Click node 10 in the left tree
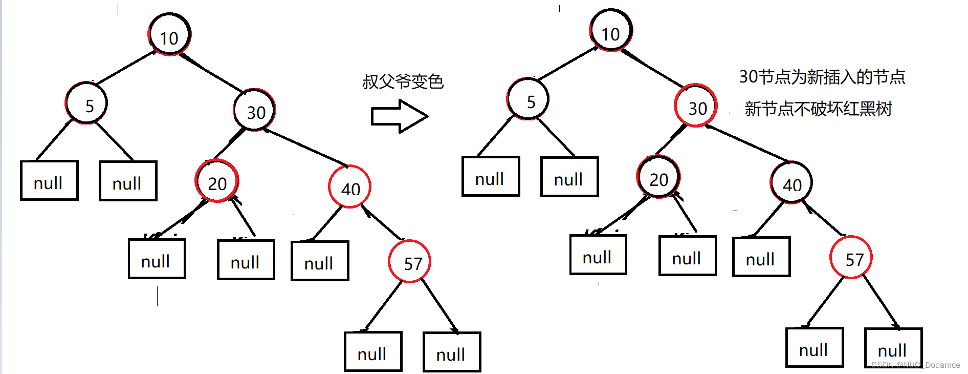(x=169, y=35)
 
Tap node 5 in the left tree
(x=87, y=103)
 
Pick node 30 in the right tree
(x=696, y=106)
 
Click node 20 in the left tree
(x=217, y=181)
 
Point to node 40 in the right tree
(x=791, y=183)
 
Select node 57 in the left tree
(x=410, y=262)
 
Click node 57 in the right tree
(x=851, y=258)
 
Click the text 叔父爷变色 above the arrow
(x=403, y=81)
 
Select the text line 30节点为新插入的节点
(x=822, y=77)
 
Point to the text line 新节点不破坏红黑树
(x=818, y=109)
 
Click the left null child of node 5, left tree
(x=49, y=181)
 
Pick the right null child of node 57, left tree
(x=452, y=352)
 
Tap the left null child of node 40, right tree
(x=761, y=257)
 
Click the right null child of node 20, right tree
(x=687, y=256)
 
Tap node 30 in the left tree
(x=255, y=110)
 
